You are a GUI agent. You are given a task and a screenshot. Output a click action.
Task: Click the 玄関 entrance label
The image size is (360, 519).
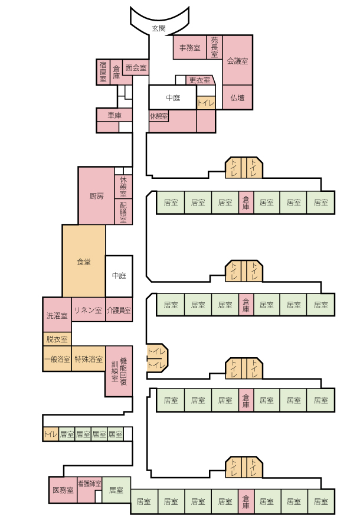click(159, 28)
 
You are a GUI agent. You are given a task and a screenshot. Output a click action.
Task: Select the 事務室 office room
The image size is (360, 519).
click(190, 48)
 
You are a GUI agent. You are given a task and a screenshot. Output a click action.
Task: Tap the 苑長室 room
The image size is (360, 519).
click(214, 47)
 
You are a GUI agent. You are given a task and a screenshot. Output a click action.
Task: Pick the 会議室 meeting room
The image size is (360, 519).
click(237, 60)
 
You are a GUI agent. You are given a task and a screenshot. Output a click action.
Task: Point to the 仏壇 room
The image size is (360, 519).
click(237, 97)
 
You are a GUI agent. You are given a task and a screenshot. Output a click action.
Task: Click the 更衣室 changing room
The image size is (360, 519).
click(199, 80)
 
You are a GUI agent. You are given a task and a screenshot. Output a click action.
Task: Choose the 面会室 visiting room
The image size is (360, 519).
click(136, 67)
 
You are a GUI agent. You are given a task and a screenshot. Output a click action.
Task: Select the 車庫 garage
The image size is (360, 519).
click(114, 115)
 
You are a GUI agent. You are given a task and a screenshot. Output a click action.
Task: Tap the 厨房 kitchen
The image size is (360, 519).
click(96, 195)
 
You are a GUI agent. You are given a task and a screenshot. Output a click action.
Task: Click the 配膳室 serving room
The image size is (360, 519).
click(123, 211)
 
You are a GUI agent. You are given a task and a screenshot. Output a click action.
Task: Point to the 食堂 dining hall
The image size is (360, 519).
click(84, 262)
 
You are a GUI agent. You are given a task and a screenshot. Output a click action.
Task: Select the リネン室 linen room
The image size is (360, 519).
click(88, 309)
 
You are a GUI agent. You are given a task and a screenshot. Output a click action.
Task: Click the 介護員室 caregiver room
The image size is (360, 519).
click(119, 309)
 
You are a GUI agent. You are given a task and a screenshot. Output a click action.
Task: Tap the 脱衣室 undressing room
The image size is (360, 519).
click(57, 340)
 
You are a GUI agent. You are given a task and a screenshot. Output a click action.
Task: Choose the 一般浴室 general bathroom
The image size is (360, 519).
click(57, 359)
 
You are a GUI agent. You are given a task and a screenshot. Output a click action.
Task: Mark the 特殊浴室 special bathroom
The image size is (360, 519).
click(88, 359)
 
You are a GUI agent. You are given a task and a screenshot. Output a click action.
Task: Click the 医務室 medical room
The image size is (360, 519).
click(63, 490)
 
